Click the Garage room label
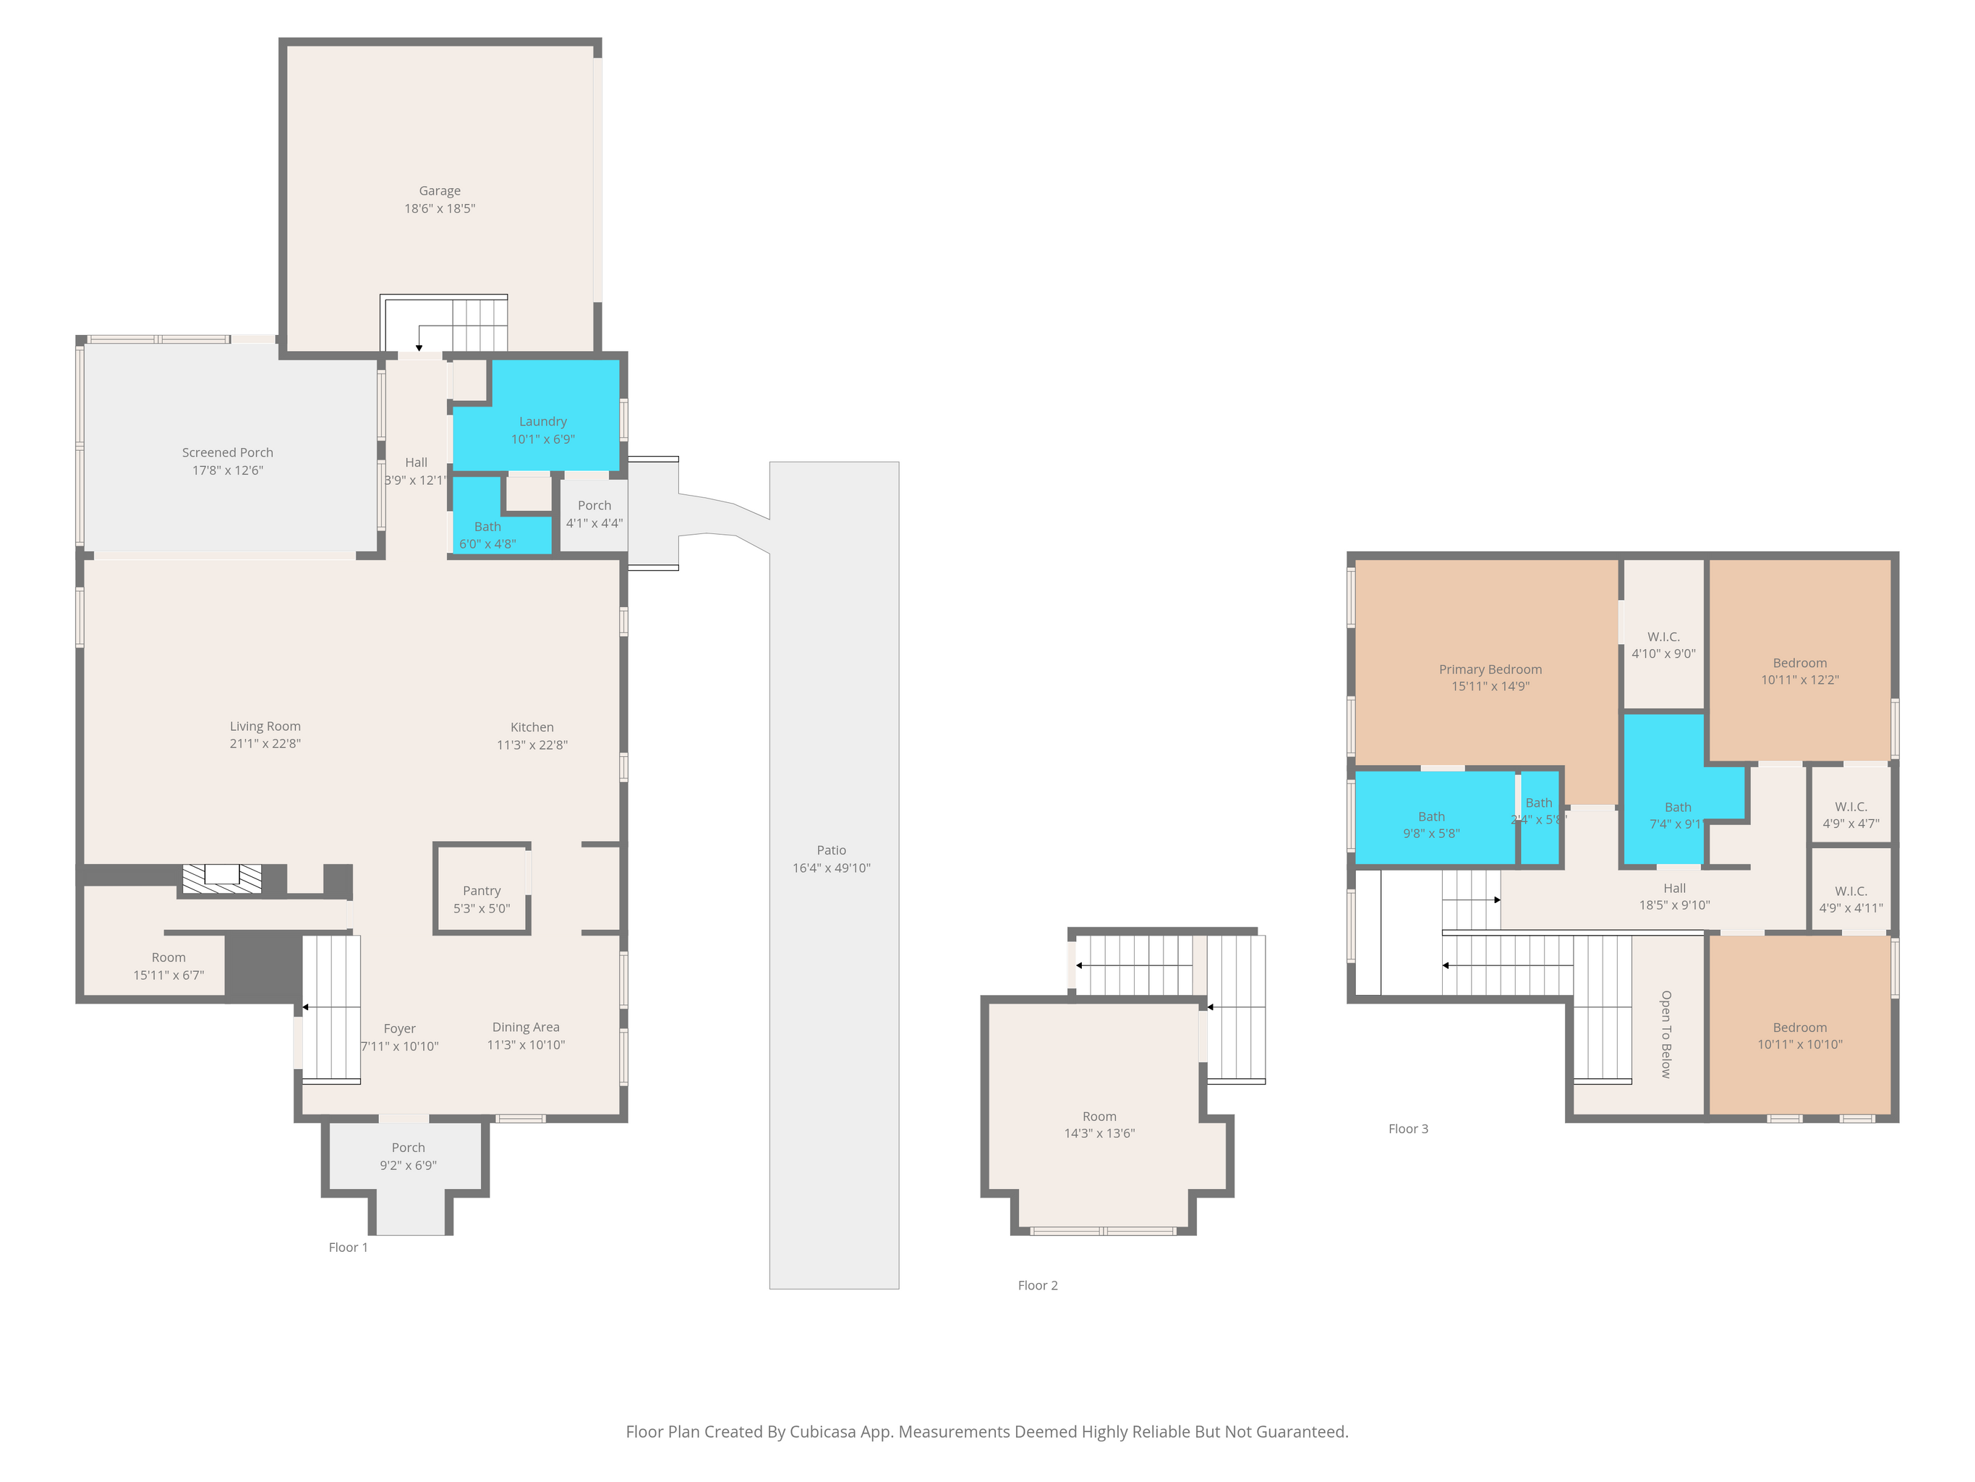pos(439,191)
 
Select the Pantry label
pos(481,892)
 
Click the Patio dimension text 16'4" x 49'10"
pos(831,868)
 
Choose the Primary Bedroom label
pos(1490,670)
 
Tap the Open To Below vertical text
pos(1666,1035)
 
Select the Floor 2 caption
pos(1038,1285)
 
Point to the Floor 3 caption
pos(1408,1129)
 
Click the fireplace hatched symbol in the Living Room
pos(222,879)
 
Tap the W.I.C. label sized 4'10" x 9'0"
pos(1663,637)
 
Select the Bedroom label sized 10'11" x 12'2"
pos(1800,663)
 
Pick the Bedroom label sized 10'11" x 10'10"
pos(1800,1028)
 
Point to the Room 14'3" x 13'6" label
pos(1099,1117)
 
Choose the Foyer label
pos(399,1029)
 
